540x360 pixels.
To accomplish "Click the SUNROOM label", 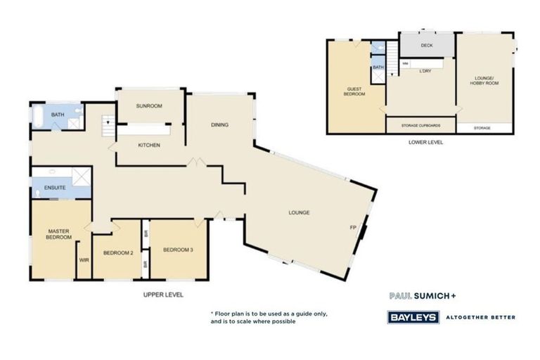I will pos(149,106).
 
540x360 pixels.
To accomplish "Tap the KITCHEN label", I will pos(149,146).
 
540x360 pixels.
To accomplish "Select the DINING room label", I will pos(219,125).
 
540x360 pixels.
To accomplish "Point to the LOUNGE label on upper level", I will pos(299,212).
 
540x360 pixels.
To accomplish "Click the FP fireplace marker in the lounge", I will pos(353,227).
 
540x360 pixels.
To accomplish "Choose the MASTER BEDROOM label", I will pos(60,234).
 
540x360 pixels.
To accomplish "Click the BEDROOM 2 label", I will pos(118,252).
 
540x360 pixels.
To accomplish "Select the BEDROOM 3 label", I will pos(178,250).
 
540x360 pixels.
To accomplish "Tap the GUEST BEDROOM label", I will pos(354,91).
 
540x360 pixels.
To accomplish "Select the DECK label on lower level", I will pos(426,46).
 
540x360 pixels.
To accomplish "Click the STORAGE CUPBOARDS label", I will pos(420,126).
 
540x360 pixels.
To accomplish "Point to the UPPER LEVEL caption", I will pos(163,295).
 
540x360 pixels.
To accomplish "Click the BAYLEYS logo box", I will pos(414,317).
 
